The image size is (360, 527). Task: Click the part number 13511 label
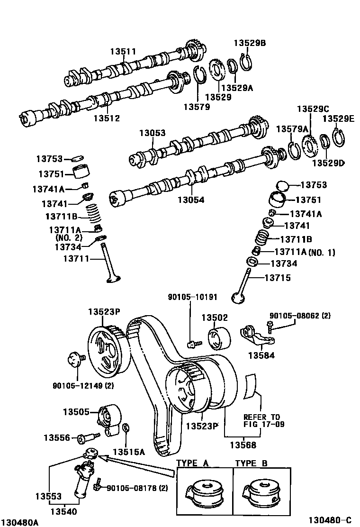[123, 52]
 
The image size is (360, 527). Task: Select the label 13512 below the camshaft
[107, 118]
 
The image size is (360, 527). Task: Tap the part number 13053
[152, 133]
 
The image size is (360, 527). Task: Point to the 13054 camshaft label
[191, 200]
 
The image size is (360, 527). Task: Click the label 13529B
[250, 43]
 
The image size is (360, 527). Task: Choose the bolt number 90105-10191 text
[192, 297]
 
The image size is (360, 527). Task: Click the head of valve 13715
[238, 297]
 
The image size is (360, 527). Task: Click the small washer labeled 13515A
[126, 429]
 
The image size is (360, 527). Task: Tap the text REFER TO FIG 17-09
[264, 420]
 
